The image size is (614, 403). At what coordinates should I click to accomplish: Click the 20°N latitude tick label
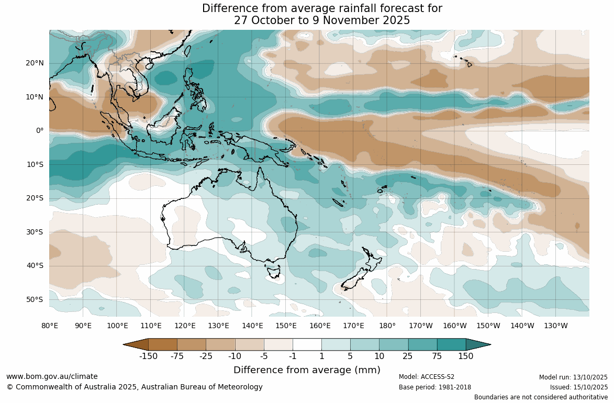pos(35,63)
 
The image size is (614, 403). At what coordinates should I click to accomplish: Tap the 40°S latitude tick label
pos(35,266)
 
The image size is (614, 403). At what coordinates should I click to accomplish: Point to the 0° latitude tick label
pos(39,131)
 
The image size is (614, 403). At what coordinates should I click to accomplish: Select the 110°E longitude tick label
pos(151,326)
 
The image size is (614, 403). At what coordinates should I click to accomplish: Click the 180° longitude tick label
pos(387,326)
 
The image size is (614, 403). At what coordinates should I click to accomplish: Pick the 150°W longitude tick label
pos(488,326)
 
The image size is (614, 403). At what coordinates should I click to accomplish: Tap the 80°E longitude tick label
pos(50,326)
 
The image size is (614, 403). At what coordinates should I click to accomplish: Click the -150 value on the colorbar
pos(149,356)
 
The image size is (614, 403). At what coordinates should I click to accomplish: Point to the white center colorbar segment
pos(307,344)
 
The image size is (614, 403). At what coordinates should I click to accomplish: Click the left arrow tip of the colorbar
pos(125,344)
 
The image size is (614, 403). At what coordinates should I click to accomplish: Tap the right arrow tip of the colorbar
pos(489,344)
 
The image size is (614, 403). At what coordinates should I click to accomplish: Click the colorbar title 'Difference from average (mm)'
pos(307,370)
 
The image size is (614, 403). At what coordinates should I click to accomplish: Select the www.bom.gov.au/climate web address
pos(52,376)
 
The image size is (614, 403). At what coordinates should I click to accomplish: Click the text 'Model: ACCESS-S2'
pos(427,377)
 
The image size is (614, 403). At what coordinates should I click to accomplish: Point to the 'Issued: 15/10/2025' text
pos(578,387)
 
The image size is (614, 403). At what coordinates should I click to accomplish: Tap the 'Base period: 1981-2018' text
pos(435,387)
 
